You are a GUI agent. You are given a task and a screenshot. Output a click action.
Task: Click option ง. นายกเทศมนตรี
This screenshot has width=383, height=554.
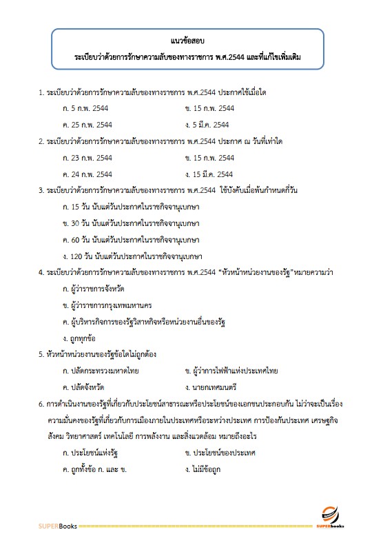(211, 388)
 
